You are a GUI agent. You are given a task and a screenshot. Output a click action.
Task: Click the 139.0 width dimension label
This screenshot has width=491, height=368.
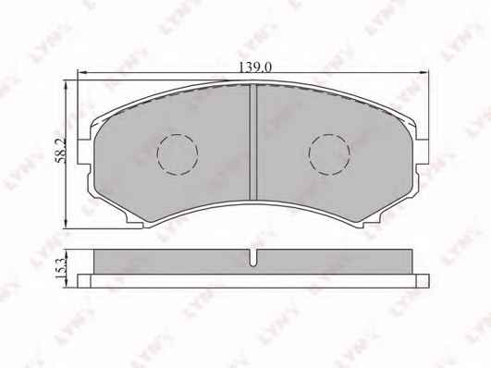(255, 67)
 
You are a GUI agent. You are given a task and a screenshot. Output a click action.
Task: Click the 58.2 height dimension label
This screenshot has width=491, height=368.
(60, 150)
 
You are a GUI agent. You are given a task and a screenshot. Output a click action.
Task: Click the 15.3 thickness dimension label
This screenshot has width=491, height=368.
(60, 268)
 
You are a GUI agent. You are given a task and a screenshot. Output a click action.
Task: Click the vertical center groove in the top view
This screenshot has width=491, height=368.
(253, 141)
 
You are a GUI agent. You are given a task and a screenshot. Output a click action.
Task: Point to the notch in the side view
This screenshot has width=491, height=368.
(253, 257)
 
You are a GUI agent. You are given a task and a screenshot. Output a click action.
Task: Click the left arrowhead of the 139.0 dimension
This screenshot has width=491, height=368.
(81, 73)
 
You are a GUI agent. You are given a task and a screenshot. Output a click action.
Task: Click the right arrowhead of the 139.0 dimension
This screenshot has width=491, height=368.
(424, 73)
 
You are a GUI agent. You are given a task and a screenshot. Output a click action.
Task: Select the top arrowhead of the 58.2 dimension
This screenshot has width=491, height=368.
(66, 85)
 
